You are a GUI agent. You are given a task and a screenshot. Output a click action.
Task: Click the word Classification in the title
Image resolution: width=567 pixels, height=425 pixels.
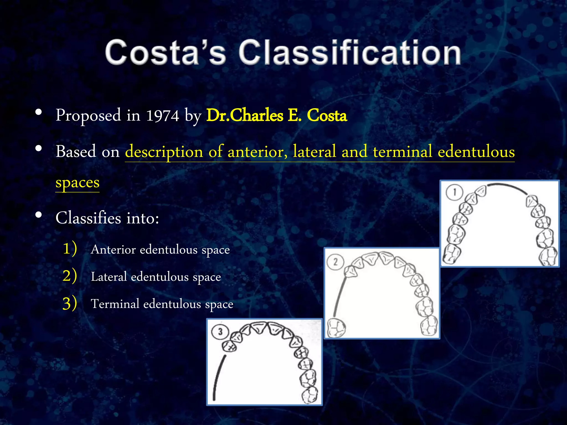pyautogui.click(x=349, y=53)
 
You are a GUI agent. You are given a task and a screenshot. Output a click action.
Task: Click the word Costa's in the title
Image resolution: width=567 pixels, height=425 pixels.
pyautogui.click(x=165, y=53)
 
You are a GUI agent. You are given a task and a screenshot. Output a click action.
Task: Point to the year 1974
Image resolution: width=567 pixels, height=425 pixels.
pyautogui.click(x=163, y=115)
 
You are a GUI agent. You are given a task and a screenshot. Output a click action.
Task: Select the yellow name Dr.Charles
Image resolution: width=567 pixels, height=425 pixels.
pyautogui.click(x=245, y=115)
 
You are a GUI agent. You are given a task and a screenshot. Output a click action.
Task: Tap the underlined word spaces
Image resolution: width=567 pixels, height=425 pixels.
pyautogui.click(x=77, y=183)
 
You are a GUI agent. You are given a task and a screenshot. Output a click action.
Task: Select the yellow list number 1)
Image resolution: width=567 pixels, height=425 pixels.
pyautogui.click(x=69, y=248)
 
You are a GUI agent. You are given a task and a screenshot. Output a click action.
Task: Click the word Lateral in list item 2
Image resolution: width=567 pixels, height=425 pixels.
pyautogui.click(x=109, y=277)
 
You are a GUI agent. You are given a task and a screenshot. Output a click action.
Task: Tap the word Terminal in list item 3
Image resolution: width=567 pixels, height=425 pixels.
pyautogui.click(x=115, y=304)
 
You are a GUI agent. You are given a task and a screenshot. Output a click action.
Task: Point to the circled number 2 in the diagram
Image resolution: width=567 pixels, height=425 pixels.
pyautogui.click(x=335, y=262)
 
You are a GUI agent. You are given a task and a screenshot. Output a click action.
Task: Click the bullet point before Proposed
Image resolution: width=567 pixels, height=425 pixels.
pyautogui.click(x=39, y=112)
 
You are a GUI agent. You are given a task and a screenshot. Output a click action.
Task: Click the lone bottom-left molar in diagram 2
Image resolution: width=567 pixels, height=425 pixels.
pyautogui.click(x=336, y=328)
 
